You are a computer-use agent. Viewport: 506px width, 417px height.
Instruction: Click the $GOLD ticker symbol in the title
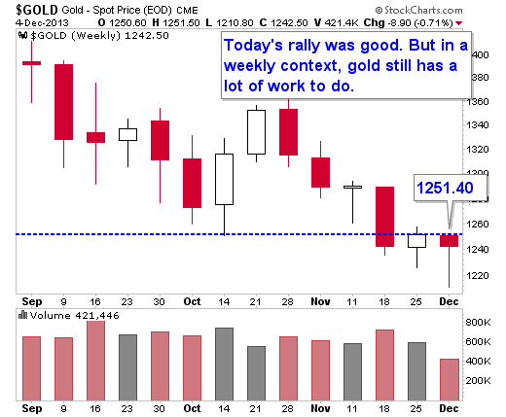coord(37,11)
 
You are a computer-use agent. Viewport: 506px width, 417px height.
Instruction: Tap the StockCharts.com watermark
coord(419,11)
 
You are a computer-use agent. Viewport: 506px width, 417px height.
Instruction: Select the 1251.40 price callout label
coord(445,188)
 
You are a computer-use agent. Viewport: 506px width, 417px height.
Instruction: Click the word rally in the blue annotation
coord(304,45)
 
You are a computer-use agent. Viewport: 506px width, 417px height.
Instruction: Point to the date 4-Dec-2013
coord(42,23)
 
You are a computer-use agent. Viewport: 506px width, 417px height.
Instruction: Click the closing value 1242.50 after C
coord(289,23)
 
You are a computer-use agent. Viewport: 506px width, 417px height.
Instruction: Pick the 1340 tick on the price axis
coord(477,125)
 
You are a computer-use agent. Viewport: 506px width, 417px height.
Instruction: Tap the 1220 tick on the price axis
coord(477,275)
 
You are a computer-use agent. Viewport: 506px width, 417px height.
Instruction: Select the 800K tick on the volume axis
coord(478,323)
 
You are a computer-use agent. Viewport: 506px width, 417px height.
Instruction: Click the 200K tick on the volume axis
coord(478,380)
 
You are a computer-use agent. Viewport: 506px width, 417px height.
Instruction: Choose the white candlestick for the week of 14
coord(224,179)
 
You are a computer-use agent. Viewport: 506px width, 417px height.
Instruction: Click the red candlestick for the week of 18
coord(385,217)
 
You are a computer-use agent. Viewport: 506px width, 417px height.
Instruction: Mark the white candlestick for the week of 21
coord(256,132)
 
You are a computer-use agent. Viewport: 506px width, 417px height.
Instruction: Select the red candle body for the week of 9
coord(63,102)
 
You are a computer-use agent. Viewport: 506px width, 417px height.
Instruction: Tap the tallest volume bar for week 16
coord(95,361)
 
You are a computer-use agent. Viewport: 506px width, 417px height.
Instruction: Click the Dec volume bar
coord(450,380)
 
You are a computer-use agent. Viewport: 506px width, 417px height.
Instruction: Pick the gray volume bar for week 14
coord(224,365)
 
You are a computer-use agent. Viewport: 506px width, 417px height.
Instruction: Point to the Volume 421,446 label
coord(75,316)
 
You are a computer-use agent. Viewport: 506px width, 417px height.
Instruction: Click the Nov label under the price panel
coord(320,301)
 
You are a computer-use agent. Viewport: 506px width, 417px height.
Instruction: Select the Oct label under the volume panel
coord(193,408)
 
